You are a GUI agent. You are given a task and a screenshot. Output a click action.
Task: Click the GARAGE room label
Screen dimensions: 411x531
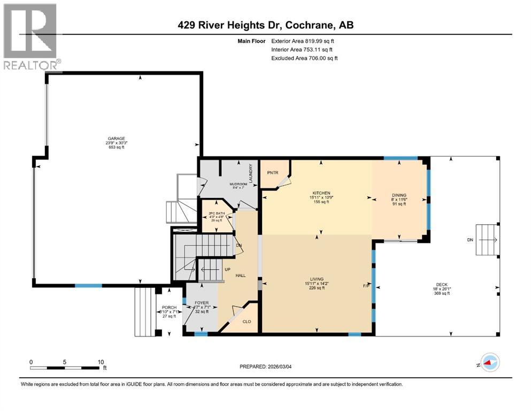pyautogui.click(x=116, y=139)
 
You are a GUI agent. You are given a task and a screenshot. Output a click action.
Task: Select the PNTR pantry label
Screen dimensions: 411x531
pyautogui.click(x=271, y=173)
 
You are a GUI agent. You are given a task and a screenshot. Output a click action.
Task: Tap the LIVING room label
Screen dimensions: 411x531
pyautogui.click(x=318, y=279)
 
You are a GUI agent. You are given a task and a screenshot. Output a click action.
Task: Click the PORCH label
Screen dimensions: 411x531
pyautogui.click(x=168, y=307)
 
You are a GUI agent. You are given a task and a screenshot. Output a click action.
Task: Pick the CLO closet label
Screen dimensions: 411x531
pyautogui.click(x=247, y=322)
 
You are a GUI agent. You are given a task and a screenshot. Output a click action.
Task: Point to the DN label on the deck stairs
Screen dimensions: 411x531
pyautogui.click(x=471, y=240)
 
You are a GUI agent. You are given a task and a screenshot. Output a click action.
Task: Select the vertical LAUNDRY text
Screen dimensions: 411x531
pyautogui.click(x=250, y=174)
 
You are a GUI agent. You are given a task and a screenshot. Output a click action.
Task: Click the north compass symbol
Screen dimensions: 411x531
pyautogui.click(x=489, y=362)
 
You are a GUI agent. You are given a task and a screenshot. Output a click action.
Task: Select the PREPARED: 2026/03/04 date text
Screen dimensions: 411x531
pyautogui.click(x=269, y=367)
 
